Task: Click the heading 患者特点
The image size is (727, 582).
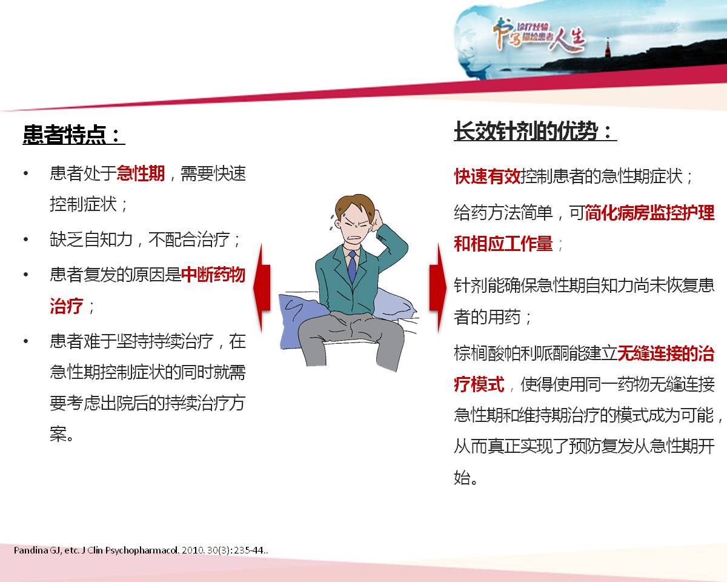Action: pos(65,135)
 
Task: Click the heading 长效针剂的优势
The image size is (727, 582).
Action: pos(526,131)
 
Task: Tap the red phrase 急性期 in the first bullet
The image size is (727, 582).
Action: pos(141,173)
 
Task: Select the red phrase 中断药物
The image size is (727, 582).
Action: pos(213,274)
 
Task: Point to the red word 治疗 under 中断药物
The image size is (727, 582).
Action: pos(66,306)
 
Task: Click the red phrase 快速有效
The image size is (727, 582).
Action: pos(487,176)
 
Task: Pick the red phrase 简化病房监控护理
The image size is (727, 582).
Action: pos(649,213)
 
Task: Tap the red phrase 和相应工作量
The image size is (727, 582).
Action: pos(503,244)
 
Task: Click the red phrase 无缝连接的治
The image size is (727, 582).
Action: pos(666,353)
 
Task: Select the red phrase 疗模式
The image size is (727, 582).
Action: pos(479,384)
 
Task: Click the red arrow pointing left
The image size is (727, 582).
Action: pos(262,287)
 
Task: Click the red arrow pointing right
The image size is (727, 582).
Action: pos(438,287)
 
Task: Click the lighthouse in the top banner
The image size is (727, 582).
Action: pos(608,48)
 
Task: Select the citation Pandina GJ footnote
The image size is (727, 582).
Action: pos(141,550)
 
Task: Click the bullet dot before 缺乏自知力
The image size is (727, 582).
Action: pos(26,239)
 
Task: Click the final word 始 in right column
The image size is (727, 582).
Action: pos(462,478)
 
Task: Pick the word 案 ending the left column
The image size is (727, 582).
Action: pos(58,434)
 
